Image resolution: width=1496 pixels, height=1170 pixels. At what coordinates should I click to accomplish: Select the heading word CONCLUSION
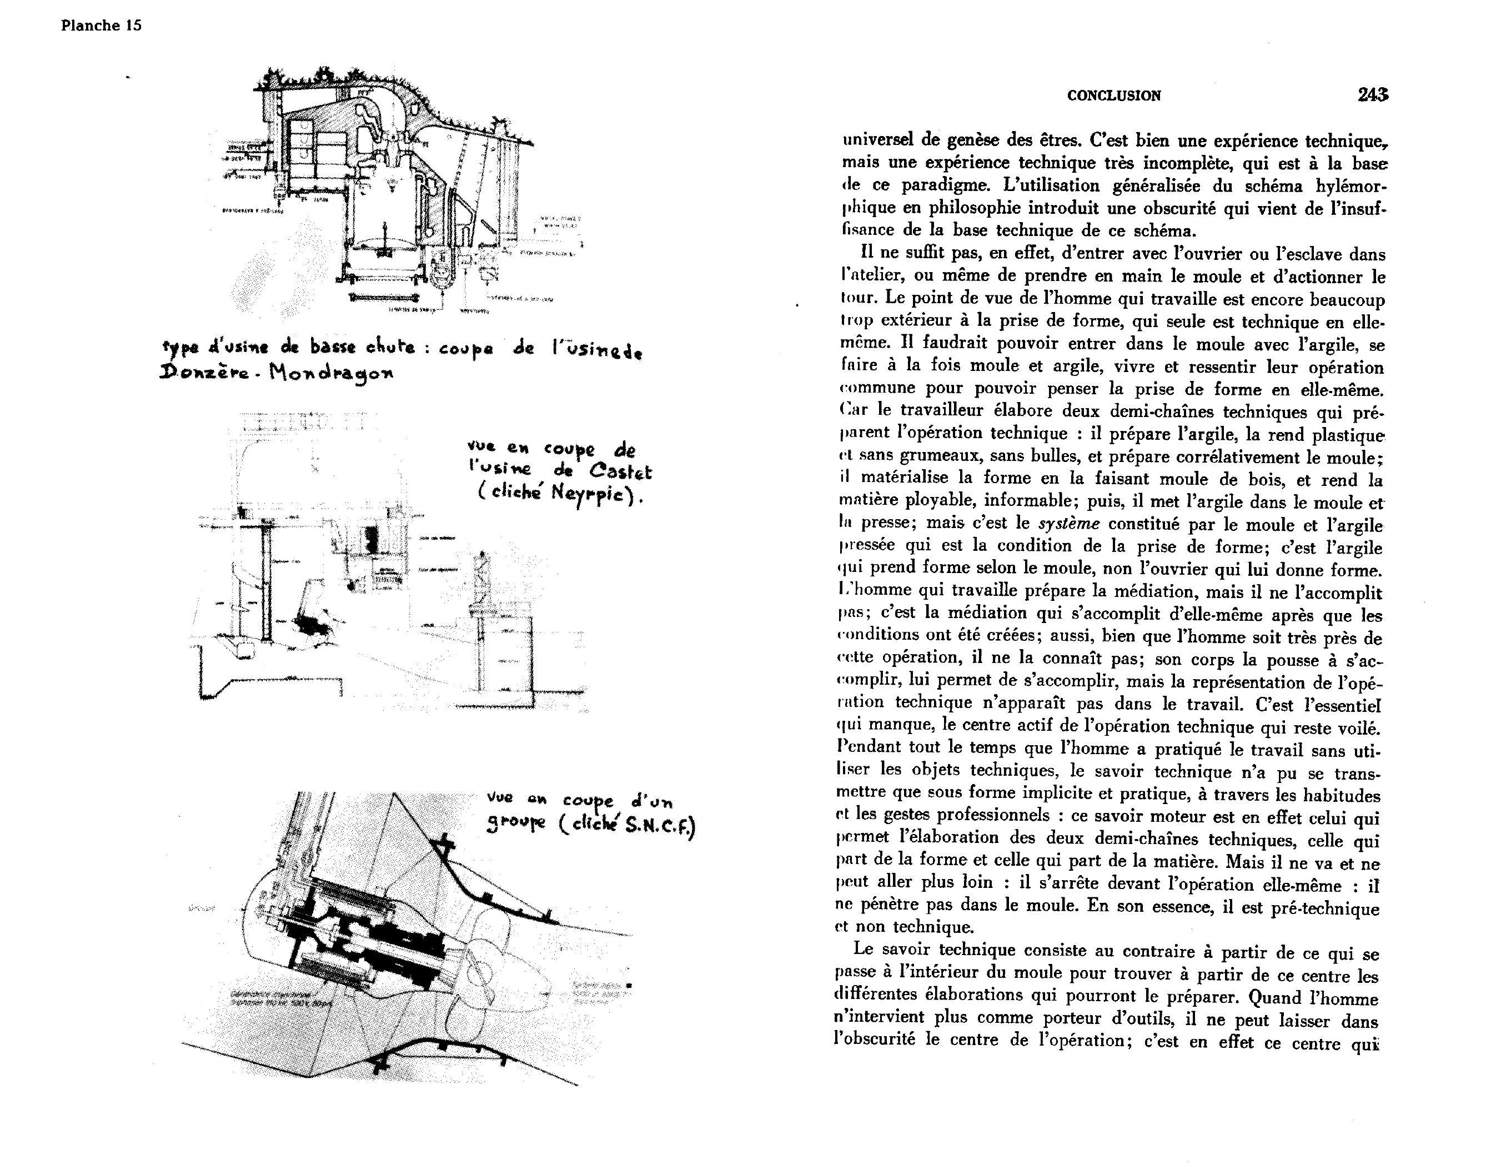[x=1114, y=96]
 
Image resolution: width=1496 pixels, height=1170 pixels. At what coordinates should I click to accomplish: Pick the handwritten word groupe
[x=516, y=825]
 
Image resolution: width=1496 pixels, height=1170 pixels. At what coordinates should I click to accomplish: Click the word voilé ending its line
[x=1355, y=727]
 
